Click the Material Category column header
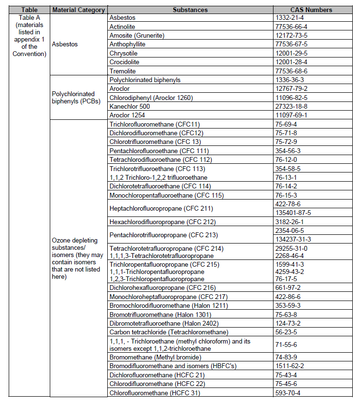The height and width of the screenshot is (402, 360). coord(79,10)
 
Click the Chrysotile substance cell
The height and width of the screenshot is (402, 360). coord(125,53)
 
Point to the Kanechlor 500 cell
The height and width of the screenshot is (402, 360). coord(129,106)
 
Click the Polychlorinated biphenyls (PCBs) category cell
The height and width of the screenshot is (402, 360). coord(73,97)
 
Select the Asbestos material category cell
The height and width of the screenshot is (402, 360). coord(66,44)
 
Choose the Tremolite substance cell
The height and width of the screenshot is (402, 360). coord(123,71)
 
